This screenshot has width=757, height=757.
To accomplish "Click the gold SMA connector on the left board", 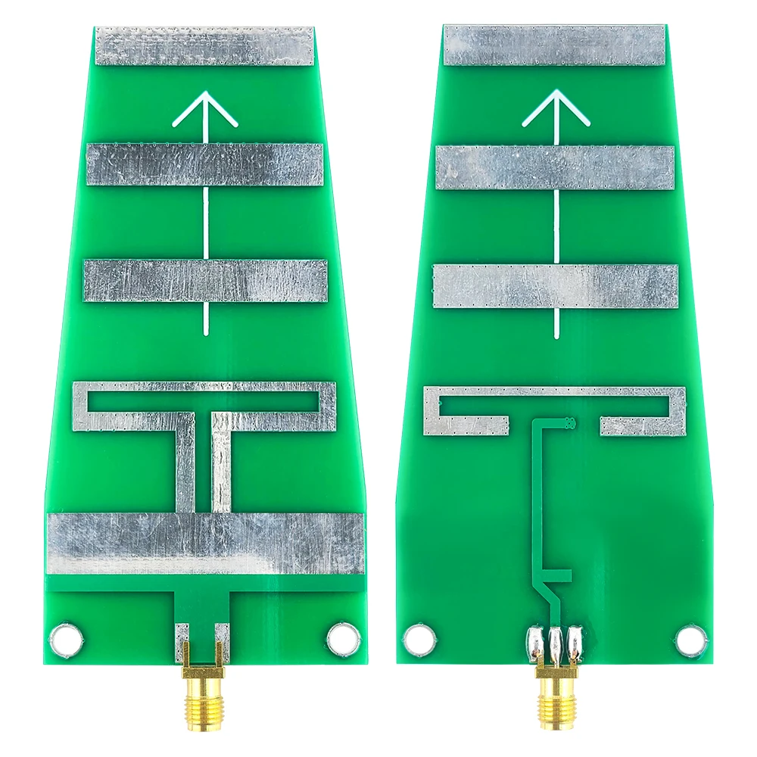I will [x=202, y=696].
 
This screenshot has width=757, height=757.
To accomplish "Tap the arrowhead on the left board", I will [x=205, y=109].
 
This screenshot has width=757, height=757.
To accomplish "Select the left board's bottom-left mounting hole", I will [x=64, y=639].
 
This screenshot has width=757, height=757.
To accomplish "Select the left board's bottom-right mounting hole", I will [x=343, y=639].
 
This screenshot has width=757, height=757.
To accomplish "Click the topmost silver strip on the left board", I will [x=204, y=45].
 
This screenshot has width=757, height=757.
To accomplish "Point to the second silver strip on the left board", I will [x=205, y=164].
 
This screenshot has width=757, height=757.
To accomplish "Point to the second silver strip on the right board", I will [x=556, y=167].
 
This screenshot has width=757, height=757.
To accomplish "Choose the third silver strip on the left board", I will [x=205, y=280].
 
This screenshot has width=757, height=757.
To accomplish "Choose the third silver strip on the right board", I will [x=556, y=285].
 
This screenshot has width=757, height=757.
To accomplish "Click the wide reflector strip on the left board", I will [x=205, y=543].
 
